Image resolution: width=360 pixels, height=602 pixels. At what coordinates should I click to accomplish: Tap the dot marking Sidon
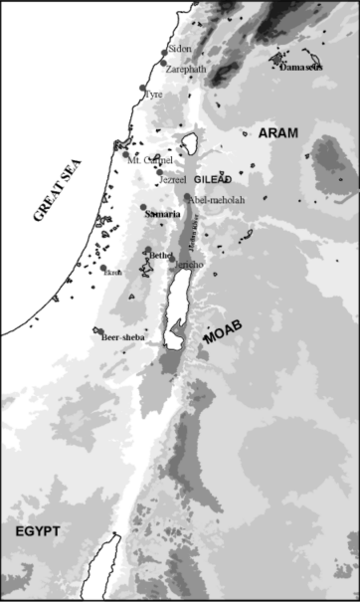166,50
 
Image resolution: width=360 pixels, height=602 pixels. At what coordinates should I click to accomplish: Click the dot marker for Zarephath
163,64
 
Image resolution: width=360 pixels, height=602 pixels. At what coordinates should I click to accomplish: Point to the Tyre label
154,95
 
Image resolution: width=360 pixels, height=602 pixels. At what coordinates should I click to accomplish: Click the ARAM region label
278,133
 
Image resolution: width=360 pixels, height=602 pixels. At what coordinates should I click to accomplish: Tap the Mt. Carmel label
151,158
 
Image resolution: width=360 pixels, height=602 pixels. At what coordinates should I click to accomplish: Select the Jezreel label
174,180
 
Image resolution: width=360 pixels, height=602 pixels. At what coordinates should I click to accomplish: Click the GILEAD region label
213,180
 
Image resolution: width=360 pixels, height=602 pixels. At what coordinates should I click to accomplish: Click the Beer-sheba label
123,338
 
